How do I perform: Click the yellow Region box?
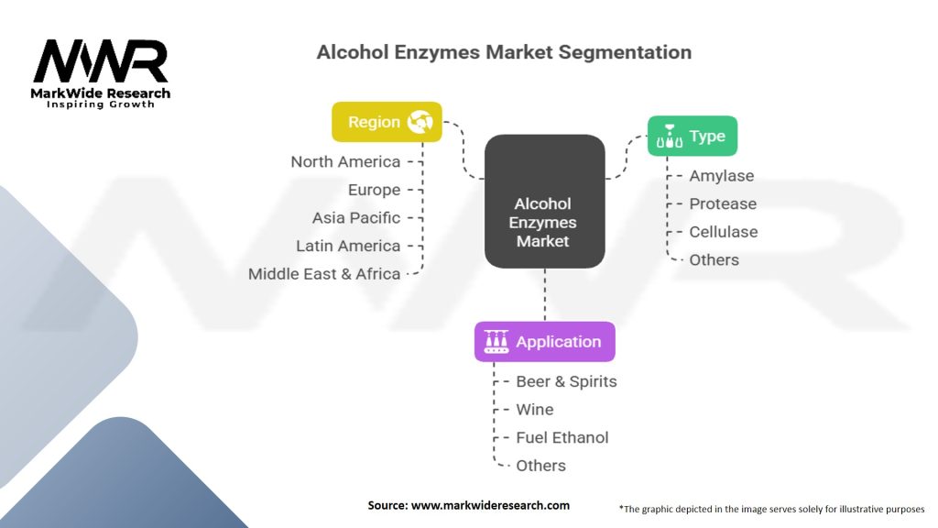[387, 122]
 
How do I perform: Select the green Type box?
[692, 137]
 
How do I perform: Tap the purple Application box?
[544, 342]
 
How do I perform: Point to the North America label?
[345, 161]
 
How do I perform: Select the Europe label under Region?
[374, 190]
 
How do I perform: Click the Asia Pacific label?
[355, 217]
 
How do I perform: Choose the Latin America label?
[348, 246]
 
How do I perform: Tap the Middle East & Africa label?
[324, 273]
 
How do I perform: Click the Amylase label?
[722, 176]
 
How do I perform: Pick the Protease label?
[723, 203]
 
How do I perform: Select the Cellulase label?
[724, 232]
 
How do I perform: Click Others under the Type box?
[714, 259]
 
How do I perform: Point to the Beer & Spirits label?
[566, 381]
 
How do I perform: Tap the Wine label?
[535, 409]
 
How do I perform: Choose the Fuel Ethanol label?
[562, 437]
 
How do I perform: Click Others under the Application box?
[540, 466]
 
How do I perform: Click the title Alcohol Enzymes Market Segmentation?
[504, 51]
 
